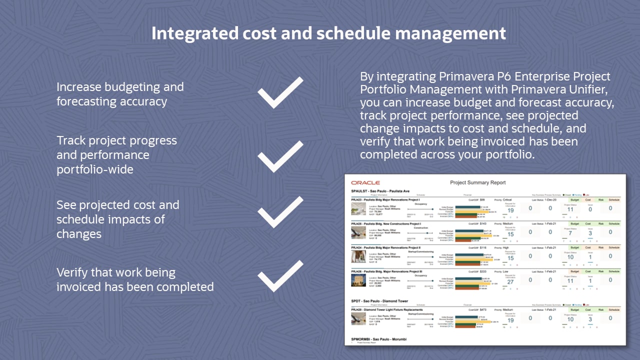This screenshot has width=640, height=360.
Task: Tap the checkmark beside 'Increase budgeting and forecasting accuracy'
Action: tap(280, 93)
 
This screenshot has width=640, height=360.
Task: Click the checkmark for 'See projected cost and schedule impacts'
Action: tap(280, 212)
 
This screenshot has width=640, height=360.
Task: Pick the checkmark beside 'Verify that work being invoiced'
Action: tap(280, 276)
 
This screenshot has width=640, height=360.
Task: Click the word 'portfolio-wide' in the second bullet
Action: tap(94, 169)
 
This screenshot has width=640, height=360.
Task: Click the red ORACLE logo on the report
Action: tap(365, 183)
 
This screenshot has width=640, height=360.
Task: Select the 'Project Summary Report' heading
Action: tap(477, 183)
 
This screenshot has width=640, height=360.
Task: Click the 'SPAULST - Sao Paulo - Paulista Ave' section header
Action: tap(380, 191)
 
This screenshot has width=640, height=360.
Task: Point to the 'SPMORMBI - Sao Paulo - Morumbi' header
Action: tap(378, 339)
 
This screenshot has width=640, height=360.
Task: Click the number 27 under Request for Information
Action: tap(510, 281)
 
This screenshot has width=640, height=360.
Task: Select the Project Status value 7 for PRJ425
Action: tap(570, 234)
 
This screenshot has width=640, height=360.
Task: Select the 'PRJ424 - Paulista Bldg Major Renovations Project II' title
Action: tap(386, 247)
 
